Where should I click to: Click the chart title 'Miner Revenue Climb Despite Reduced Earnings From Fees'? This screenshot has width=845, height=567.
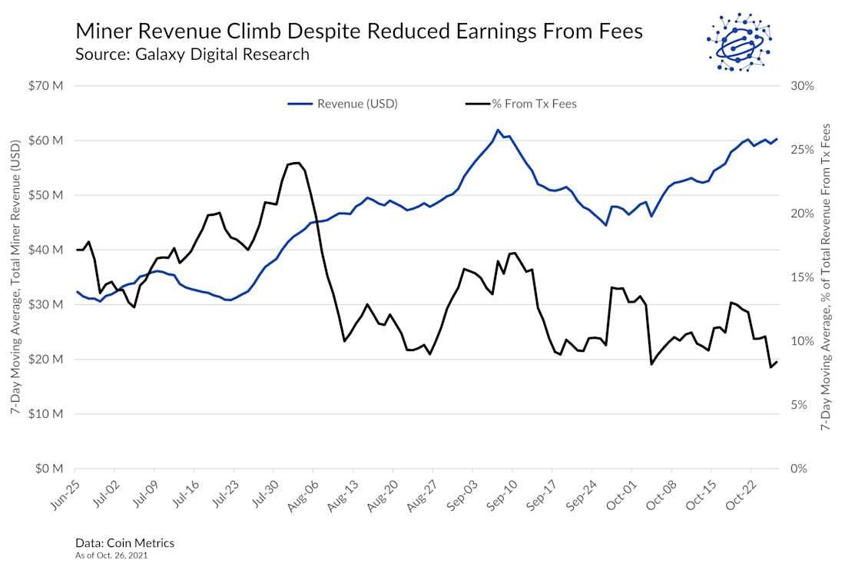[x=359, y=31]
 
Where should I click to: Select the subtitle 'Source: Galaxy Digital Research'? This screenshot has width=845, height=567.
[x=192, y=55]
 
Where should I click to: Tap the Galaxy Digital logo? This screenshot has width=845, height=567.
[x=738, y=42]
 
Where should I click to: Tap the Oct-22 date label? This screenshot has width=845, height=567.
[x=740, y=492]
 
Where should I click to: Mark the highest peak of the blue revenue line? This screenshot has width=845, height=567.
[x=498, y=130]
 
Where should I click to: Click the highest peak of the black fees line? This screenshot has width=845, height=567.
[x=297, y=162]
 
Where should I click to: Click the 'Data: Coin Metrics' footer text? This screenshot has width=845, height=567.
[x=124, y=543]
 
